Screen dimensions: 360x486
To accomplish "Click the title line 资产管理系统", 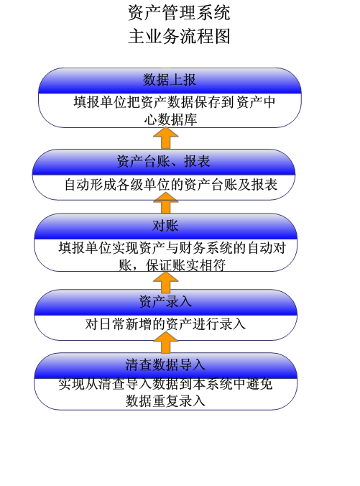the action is click(x=179, y=13).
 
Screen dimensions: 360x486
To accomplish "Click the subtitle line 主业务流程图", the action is click(x=179, y=36).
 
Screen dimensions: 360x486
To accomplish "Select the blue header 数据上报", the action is click(x=170, y=81).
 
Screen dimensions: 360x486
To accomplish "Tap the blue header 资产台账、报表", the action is click(x=164, y=162).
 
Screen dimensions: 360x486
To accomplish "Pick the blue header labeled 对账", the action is click(x=165, y=226).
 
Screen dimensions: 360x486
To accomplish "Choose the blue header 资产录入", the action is click(x=165, y=302).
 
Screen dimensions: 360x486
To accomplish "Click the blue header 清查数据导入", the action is click(x=165, y=365).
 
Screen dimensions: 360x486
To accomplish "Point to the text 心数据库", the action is click(x=170, y=119).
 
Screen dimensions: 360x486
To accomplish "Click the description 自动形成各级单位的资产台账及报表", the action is click(x=171, y=185).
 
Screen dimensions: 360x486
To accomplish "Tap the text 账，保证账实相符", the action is click(x=172, y=265).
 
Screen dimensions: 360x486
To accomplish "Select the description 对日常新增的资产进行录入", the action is click(x=165, y=324).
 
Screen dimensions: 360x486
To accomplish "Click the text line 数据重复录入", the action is click(x=165, y=401).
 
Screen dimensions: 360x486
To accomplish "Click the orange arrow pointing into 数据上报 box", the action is click(x=166, y=138).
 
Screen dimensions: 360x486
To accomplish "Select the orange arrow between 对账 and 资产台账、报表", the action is click(x=166, y=203).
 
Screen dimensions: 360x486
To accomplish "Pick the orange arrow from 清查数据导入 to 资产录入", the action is click(x=166, y=342).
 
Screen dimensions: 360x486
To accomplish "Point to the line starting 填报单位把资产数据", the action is click(x=175, y=102).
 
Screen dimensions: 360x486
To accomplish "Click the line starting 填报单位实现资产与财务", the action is click(x=172, y=248).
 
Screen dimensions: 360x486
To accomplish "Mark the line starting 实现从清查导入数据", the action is click(x=165, y=385).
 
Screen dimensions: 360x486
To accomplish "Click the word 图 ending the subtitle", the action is click(x=222, y=36).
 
